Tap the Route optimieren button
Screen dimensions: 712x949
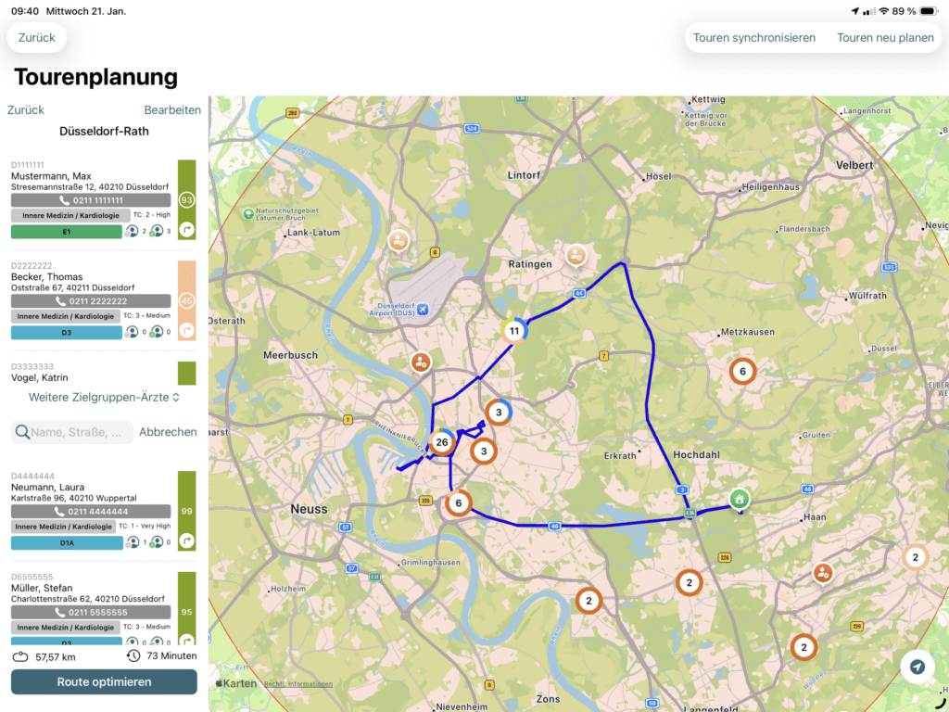[x=104, y=682]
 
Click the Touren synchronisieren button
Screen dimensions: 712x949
[x=754, y=38]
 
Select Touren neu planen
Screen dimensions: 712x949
[x=885, y=38]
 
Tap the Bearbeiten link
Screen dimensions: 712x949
[x=172, y=109]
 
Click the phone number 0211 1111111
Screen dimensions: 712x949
[x=91, y=200]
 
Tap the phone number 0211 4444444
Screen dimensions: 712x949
[x=91, y=512]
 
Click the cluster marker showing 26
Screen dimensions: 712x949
[x=442, y=442]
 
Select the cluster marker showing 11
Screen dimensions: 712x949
[x=513, y=330]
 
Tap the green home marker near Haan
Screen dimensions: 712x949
[x=739, y=499]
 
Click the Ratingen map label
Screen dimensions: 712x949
[x=530, y=264]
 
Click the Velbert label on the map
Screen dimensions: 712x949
[x=854, y=165]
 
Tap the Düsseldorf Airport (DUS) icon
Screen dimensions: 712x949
[x=424, y=309]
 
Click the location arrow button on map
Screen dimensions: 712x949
[x=917, y=667]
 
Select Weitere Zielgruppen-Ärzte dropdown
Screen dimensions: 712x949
[x=104, y=397]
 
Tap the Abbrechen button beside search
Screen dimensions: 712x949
[x=168, y=432]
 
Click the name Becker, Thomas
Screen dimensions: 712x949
[x=46, y=277]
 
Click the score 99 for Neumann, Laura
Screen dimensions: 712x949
[x=186, y=511]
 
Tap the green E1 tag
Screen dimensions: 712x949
[x=67, y=232]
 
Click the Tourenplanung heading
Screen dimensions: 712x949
[x=95, y=77]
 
